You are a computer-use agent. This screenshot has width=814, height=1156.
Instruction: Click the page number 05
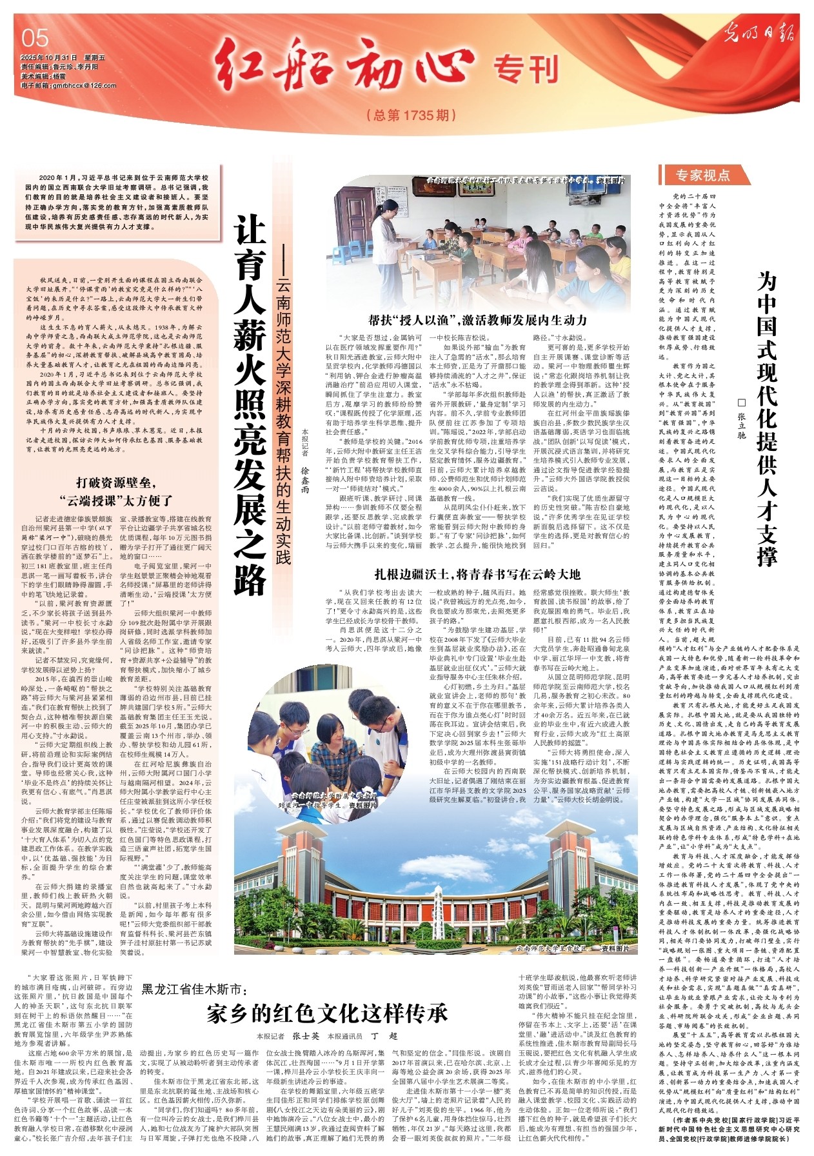35,38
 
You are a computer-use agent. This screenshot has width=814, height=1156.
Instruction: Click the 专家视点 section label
702,175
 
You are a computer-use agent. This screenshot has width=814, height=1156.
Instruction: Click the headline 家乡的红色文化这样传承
327,1013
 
